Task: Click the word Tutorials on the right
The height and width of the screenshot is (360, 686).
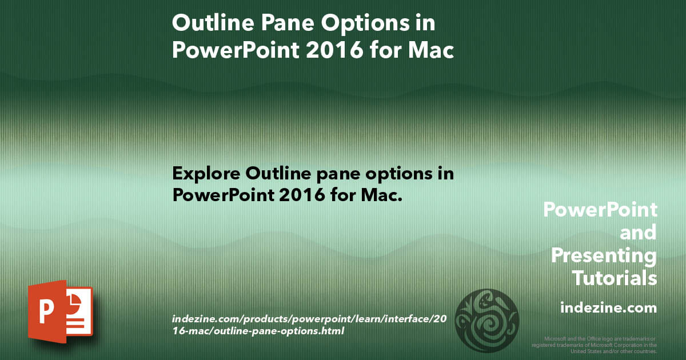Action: [615, 278]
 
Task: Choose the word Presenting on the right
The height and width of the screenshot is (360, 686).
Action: [604, 255]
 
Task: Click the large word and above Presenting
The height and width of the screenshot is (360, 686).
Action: [638, 233]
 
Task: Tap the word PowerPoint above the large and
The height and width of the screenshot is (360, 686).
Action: [600, 210]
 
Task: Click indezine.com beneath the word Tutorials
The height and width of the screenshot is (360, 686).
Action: [608, 308]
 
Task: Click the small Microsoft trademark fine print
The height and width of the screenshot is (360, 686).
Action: [595, 345]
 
